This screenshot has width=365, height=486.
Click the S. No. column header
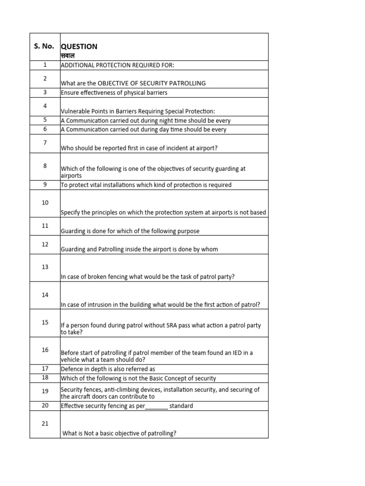click(44, 47)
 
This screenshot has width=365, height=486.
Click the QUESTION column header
click(79, 47)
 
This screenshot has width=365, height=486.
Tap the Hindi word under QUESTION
click(68, 56)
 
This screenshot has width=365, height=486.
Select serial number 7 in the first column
click(45, 142)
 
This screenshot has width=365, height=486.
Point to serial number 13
click(45, 267)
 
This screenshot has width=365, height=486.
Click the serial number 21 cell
click(45, 423)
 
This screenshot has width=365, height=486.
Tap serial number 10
click(45, 203)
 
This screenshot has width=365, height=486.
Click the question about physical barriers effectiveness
click(114, 93)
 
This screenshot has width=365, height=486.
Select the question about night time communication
click(145, 121)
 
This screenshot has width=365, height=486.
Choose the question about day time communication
click(144, 129)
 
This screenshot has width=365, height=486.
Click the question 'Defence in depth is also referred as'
click(108, 369)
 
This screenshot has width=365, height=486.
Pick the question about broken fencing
click(148, 277)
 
